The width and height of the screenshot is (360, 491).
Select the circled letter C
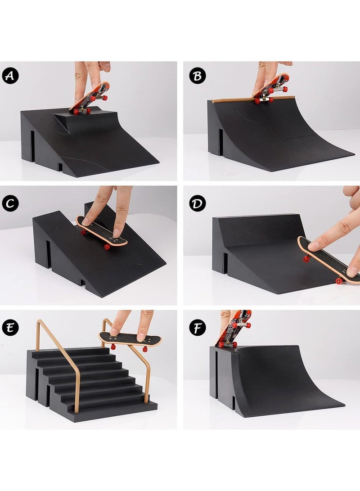tap(11, 203)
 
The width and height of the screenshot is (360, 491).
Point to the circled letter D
tap(197, 203)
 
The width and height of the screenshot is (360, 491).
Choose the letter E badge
tap(11, 328)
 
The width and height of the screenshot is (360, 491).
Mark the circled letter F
tap(197, 328)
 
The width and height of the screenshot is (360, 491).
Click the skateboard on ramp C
tap(102, 232)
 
